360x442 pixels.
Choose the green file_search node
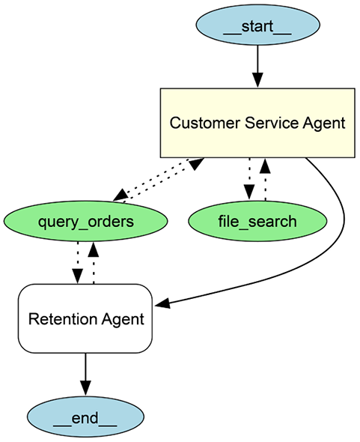(x=257, y=222)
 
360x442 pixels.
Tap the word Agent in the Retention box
(x=122, y=319)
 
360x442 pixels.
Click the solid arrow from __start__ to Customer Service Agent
(x=257, y=64)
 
